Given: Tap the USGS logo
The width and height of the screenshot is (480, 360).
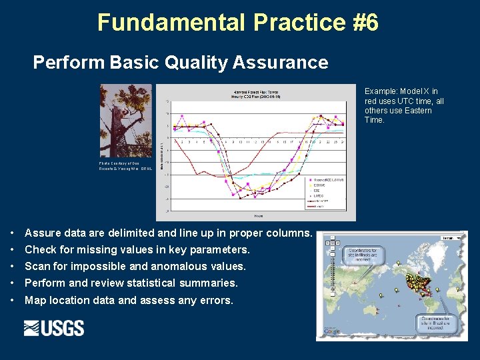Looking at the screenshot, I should click(54, 328).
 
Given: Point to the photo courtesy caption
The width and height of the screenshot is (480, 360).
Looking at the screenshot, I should click(125, 166).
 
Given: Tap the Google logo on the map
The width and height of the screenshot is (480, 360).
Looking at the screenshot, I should click(331, 331).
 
